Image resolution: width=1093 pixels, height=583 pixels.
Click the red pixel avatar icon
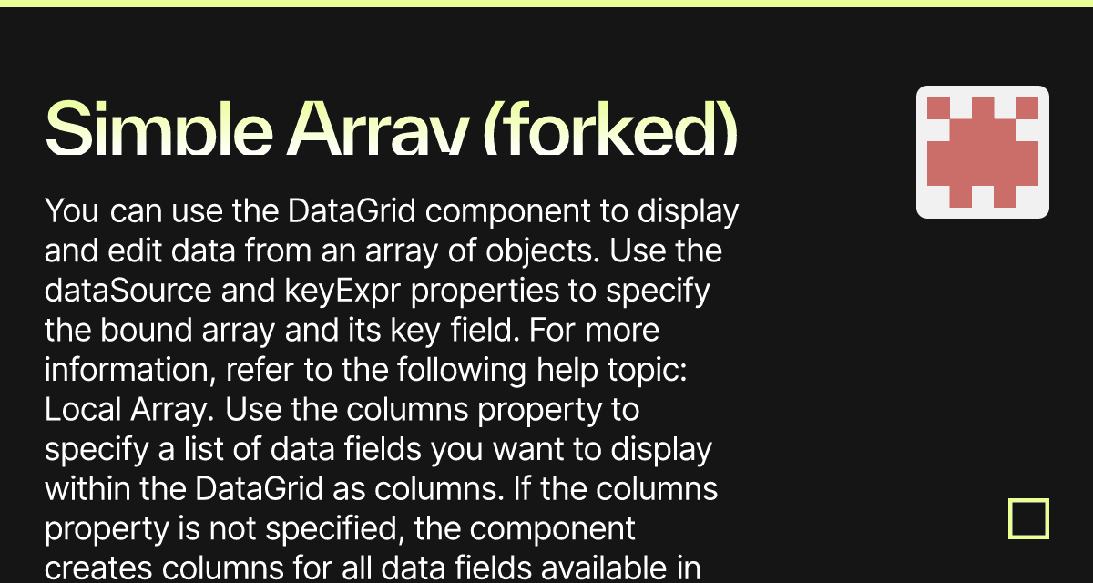pyautogui.click(x=982, y=152)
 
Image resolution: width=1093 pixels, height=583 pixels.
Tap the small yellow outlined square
pyautogui.click(x=1028, y=518)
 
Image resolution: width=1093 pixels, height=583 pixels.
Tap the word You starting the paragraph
pyautogui.click(x=71, y=211)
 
